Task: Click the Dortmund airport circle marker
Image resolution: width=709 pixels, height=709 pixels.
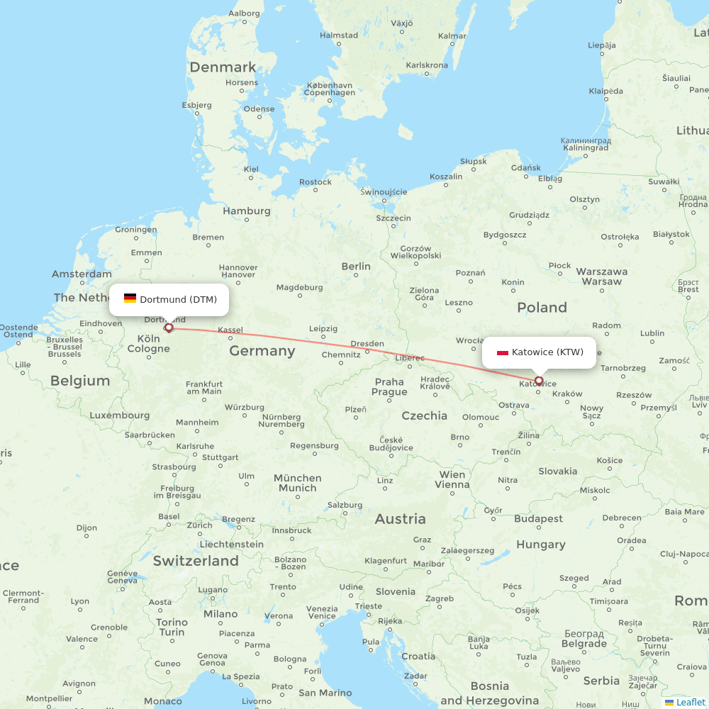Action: (x=169, y=328)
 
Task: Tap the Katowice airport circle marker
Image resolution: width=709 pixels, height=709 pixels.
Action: (x=539, y=381)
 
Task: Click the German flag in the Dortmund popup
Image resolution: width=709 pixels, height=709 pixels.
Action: (x=130, y=298)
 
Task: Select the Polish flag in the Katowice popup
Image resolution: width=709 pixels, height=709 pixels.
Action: (x=503, y=352)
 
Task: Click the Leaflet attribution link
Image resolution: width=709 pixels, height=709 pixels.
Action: (x=691, y=702)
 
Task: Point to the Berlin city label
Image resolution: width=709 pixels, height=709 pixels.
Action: (x=356, y=267)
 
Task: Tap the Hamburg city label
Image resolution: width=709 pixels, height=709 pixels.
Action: (x=247, y=211)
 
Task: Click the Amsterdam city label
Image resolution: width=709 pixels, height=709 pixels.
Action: (x=82, y=274)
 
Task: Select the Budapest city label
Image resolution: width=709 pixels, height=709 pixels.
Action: (x=538, y=518)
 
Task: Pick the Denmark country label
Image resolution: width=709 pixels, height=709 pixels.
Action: (x=223, y=67)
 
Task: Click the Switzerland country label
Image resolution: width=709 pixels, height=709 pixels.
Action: (x=196, y=561)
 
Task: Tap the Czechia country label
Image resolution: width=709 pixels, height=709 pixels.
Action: (x=424, y=415)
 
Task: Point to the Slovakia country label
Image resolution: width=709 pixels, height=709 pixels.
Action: (x=557, y=471)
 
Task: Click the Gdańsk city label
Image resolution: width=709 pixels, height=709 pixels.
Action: (x=525, y=168)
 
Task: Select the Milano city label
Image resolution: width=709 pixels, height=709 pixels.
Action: (x=220, y=614)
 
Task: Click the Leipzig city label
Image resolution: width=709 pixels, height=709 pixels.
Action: (x=323, y=328)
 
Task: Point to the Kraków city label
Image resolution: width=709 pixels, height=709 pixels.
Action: (x=566, y=393)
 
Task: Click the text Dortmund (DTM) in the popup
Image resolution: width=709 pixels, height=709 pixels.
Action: (x=178, y=299)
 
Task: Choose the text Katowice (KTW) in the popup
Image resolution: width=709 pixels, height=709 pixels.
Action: (x=547, y=352)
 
